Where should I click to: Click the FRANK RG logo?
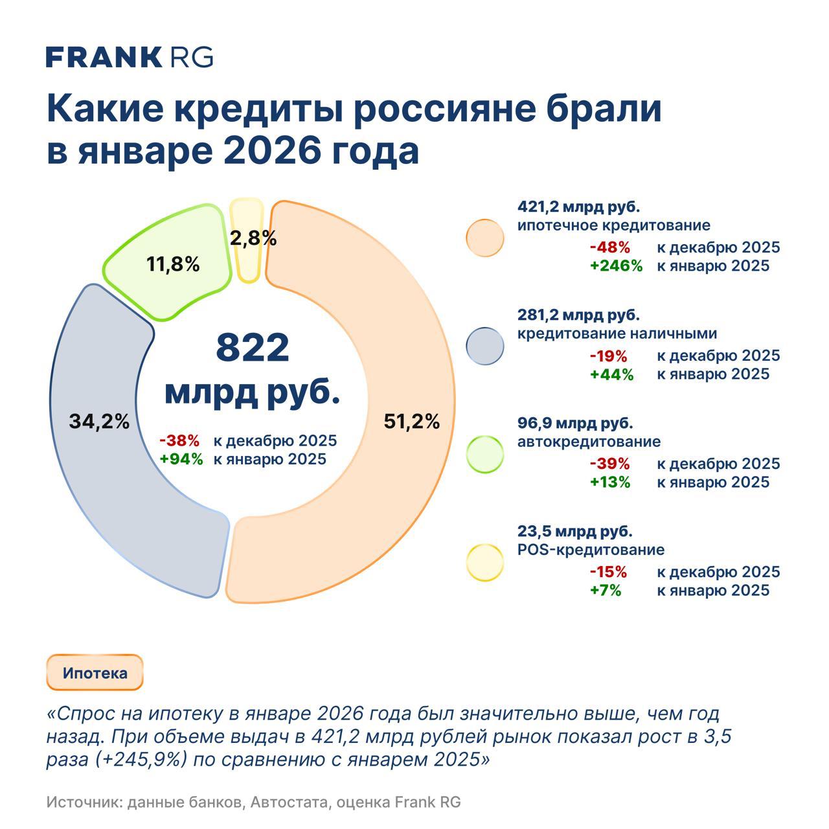(x=130, y=57)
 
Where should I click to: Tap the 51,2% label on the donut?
(x=411, y=422)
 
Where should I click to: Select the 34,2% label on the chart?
(x=99, y=422)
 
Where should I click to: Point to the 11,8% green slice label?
(x=173, y=264)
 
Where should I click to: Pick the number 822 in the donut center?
(x=252, y=348)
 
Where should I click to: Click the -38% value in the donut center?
(x=179, y=441)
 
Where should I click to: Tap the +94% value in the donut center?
(x=181, y=459)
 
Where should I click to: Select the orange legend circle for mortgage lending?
(x=484, y=238)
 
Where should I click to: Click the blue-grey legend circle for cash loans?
(x=484, y=346)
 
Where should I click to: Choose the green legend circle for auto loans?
(x=484, y=454)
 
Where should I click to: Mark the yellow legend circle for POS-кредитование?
(x=484, y=562)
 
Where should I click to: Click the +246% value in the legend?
(x=616, y=266)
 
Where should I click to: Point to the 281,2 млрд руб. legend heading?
(x=578, y=315)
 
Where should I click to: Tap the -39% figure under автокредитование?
(x=609, y=464)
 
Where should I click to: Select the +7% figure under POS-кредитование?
(x=606, y=590)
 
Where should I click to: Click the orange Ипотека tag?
(x=95, y=673)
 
